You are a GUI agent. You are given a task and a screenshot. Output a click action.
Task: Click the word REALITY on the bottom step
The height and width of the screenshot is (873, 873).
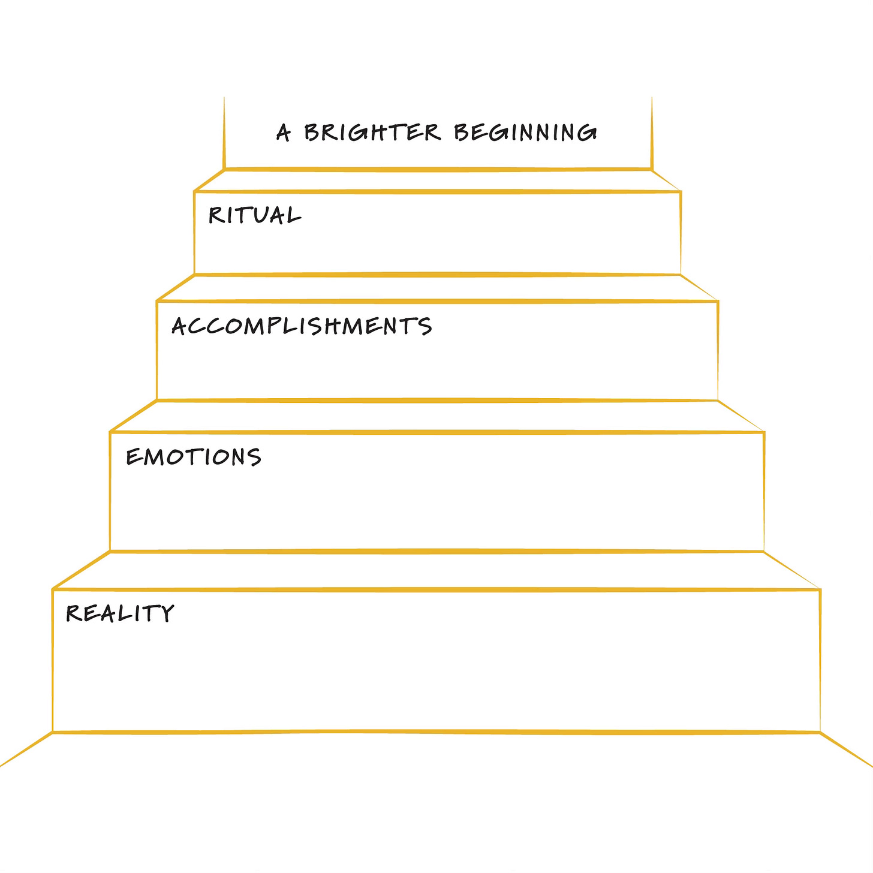(120, 613)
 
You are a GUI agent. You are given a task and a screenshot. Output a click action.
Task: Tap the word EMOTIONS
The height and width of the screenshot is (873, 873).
(194, 457)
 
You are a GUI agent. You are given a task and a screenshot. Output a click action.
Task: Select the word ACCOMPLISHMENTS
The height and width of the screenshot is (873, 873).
(302, 326)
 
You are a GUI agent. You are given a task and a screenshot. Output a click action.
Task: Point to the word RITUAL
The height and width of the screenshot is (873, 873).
(254, 215)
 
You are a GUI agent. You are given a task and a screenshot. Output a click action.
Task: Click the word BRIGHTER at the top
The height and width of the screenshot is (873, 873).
(372, 132)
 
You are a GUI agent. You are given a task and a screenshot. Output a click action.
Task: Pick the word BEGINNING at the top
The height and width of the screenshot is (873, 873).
(525, 132)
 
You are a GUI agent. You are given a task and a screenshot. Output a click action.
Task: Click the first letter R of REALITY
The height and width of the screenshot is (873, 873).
(73, 613)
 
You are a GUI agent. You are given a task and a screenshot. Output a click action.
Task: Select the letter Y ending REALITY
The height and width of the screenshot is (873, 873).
(166, 613)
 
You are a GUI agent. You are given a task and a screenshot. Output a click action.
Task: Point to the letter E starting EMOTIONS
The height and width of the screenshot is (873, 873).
(133, 457)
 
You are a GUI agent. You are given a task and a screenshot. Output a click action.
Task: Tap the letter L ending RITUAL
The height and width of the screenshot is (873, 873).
(293, 215)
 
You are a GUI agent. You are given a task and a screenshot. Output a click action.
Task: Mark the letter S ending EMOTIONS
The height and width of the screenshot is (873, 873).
(254, 457)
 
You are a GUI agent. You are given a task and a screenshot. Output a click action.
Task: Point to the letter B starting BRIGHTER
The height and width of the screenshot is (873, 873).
(312, 132)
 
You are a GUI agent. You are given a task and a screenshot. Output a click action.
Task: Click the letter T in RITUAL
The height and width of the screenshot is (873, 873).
(242, 215)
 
